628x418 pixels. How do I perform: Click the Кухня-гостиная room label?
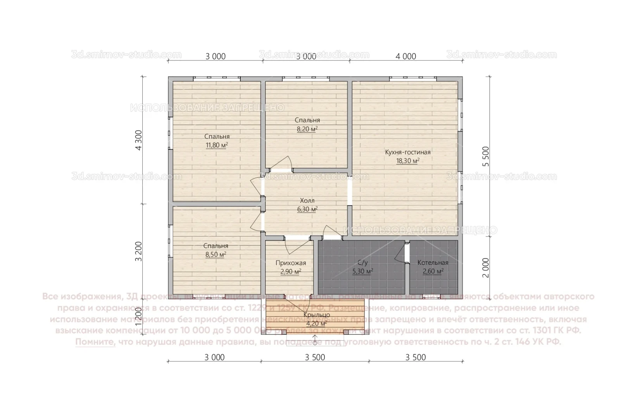click(x=407, y=152)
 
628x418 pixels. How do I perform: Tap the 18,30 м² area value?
click(x=407, y=161)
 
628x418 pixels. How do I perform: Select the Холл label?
click(x=307, y=200)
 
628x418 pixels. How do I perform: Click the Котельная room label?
click(x=433, y=263)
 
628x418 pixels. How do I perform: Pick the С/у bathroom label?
click(x=362, y=263)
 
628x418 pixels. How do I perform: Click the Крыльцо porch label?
click(x=316, y=315)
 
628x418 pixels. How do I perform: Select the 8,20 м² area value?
click(x=307, y=129)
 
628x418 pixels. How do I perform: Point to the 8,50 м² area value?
click(x=216, y=255)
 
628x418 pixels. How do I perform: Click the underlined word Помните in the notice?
click(x=95, y=342)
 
